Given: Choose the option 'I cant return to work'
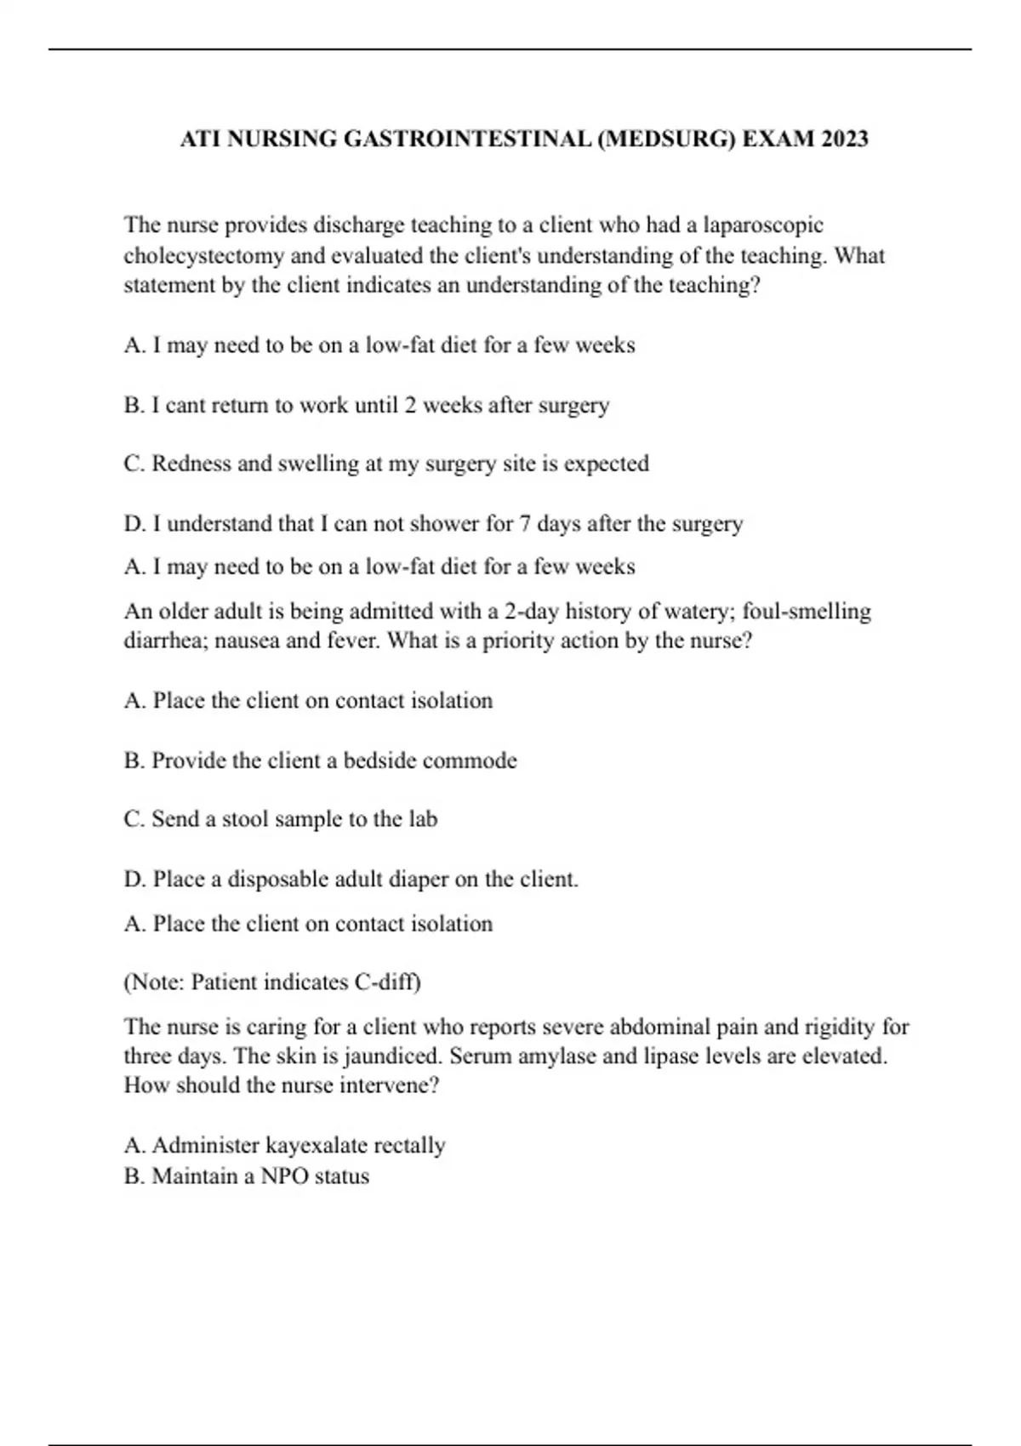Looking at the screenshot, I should point(366,405).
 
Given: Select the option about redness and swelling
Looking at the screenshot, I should point(385,464).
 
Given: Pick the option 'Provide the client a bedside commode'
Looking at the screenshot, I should point(320,760).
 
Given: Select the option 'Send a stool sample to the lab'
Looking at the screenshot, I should point(280,819).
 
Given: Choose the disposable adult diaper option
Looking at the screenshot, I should point(351,879).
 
